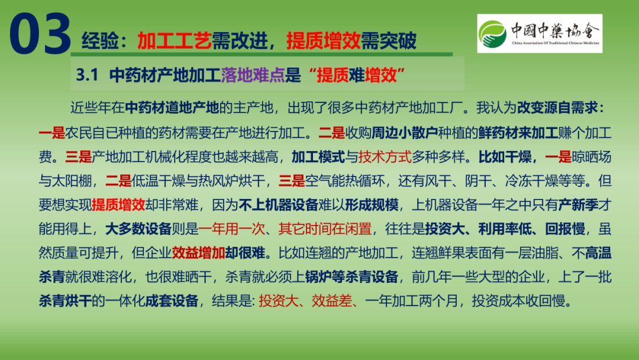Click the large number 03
pyautogui.click(x=40, y=34)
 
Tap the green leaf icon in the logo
pyautogui.click(x=492, y=33)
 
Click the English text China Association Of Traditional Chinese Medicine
pyautogui.click(x=556, y=43)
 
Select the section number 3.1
pyautogui.click(x=87, y=75)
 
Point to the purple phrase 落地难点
pyautogui.click(x=253, y=75)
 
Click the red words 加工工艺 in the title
pyautogui.click(x=175, y=41)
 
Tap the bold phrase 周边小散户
pyautogui.click(x=405, y=133)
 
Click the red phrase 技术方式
pyautogui.click(x=385, y=156)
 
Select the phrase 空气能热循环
pyautogui.click(x=345, y=181)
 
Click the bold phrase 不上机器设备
pyautogui.click(x=278, y=205)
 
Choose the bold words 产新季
pyautogui.click(x=578, y=205)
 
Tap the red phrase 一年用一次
pyautogui.click(x=231, y=229)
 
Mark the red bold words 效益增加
pyautogui.click(x=198, y=253)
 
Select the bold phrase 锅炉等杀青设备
pyautogui.click(x=351, y=277)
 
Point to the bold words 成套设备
pyautogui.click(x=172, y=301)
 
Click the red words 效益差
pyautogui.click(x=331, y=301)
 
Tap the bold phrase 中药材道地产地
pyautogui.click(x=172, y=108)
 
